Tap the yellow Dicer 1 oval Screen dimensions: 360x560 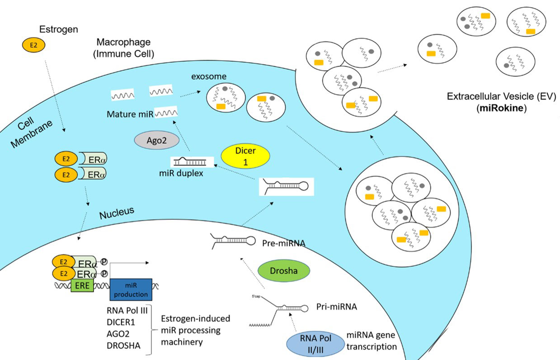[245, 156]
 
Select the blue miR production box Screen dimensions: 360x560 [131, 289]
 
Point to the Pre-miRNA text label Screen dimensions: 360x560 [284, 243]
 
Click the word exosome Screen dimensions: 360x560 [208, 76]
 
